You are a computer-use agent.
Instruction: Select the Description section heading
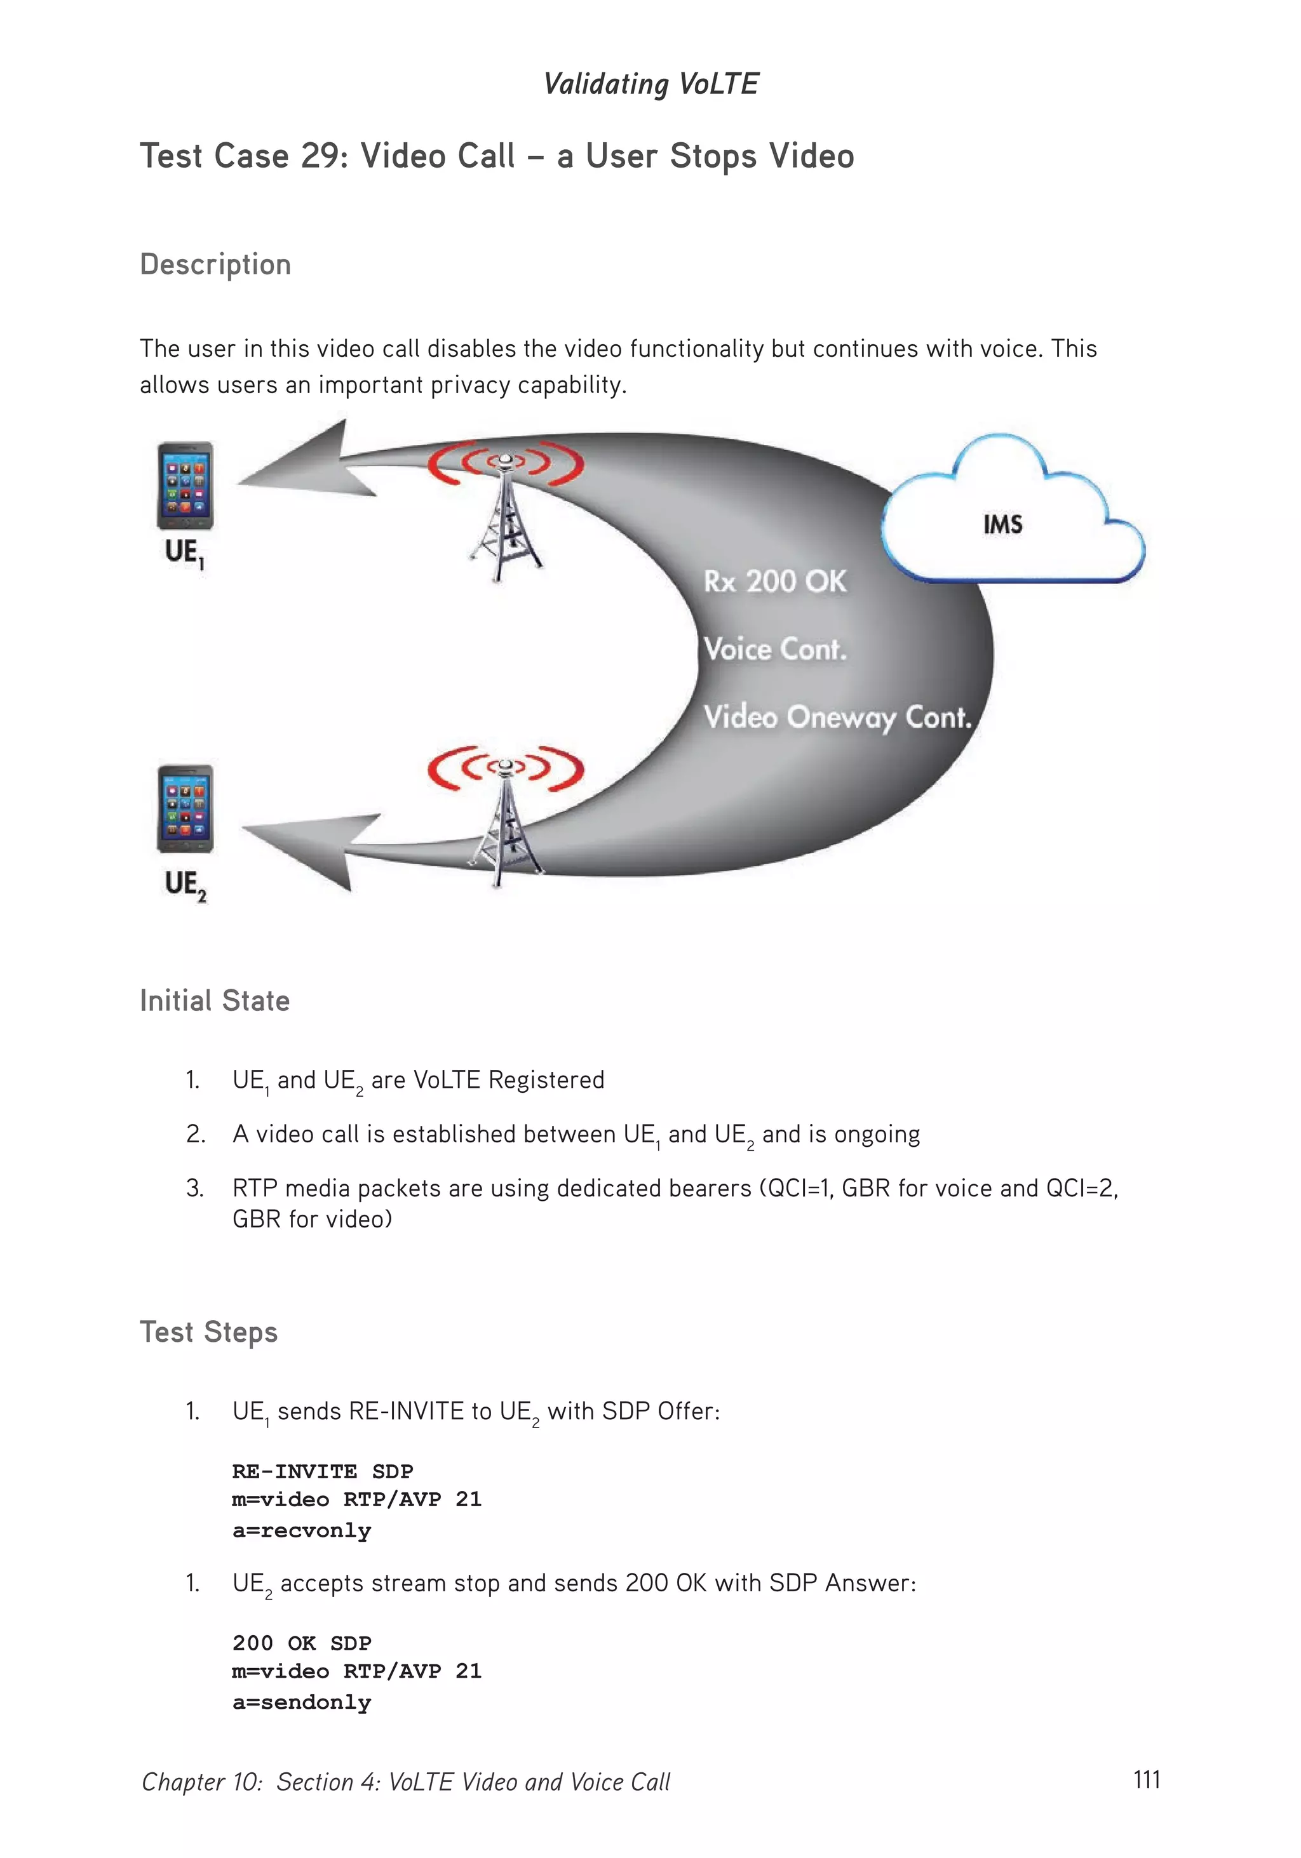[215, 265]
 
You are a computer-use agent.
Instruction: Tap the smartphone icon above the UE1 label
[185, 486]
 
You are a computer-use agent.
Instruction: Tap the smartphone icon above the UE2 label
[185, 808]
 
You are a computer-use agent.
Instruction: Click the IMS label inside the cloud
[1002, 525]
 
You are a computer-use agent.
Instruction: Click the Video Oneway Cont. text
[836, 717]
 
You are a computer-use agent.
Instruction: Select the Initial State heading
[215, 1001]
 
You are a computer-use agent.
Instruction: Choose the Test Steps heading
[209, 1333]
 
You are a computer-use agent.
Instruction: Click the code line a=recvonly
[301, 1531]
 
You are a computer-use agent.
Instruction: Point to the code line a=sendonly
[301, 1702]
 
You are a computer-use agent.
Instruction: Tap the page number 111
[1147, 1779]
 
